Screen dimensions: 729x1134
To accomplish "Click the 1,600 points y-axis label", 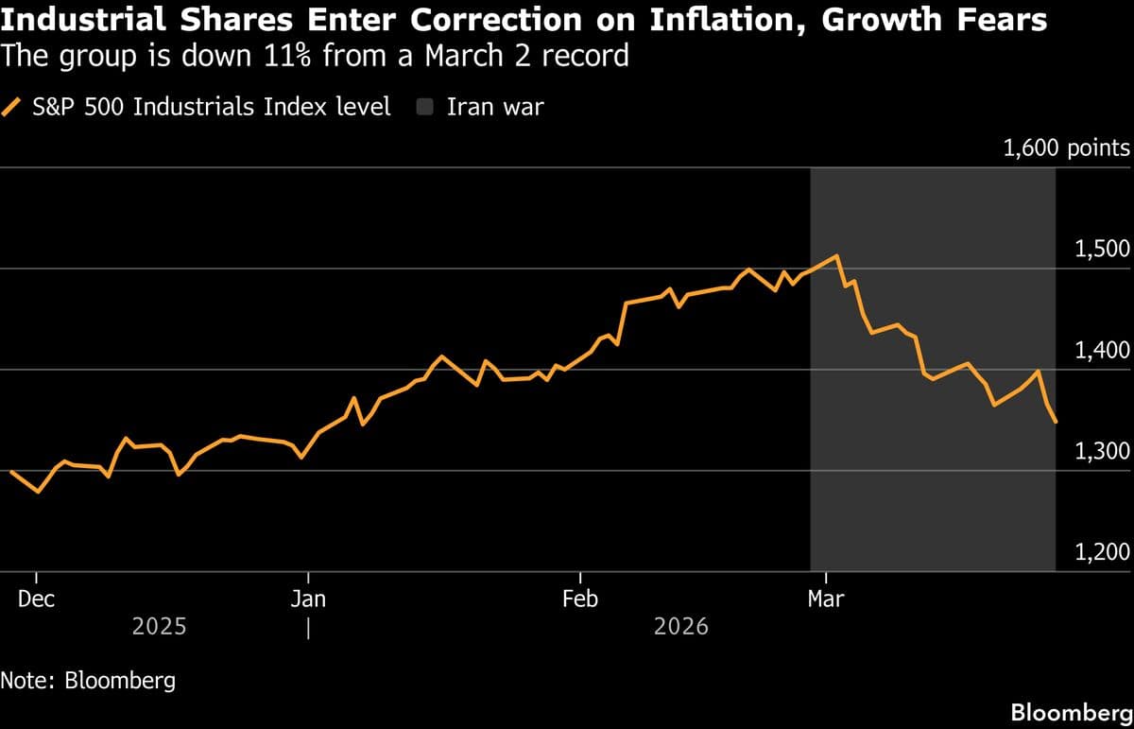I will pos(1065,148).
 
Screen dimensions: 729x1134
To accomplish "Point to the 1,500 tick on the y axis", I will pos(1102,249).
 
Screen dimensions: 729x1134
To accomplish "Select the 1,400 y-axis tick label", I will pos(1102,350).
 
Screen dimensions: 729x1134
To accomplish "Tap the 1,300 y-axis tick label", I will pos(1102,451).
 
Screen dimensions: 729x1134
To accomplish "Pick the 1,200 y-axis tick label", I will pos(1102,552).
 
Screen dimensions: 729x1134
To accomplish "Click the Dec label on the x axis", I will pos(37,599).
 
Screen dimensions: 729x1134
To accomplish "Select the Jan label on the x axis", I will pos(308,599).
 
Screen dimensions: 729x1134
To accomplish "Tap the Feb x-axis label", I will pos(579,599).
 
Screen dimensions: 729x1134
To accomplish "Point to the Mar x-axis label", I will pos(826,599).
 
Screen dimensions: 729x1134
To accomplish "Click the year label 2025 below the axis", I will pos(159,626).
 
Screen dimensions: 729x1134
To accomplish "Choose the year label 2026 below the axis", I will pos(680,626).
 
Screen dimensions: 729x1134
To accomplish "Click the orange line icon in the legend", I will pos(12,107).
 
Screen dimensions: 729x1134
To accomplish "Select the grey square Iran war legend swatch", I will pos(425,107).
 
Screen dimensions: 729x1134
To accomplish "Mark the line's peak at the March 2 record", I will pos(835,256).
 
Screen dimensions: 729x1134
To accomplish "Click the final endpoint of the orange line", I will pos(1056,422).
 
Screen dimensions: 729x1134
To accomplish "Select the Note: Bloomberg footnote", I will pos(88,680).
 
